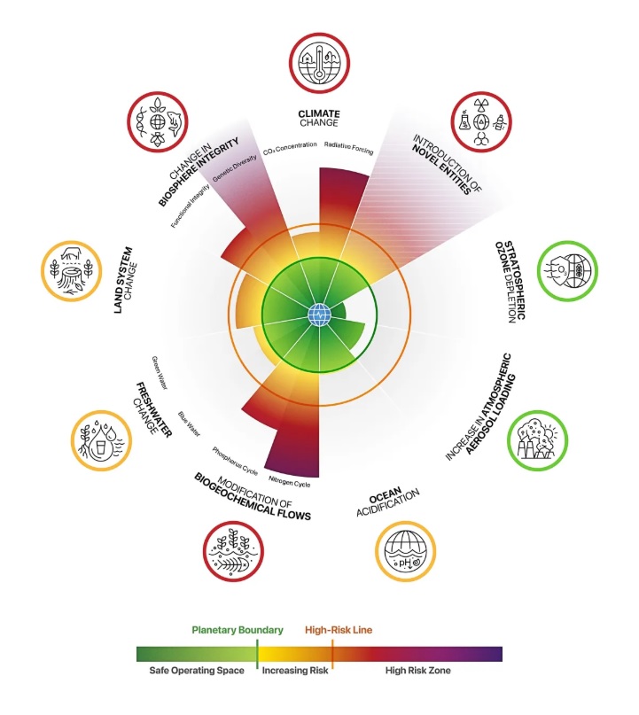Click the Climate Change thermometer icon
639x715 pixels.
point(319,63)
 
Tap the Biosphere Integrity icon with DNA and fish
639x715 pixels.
point(158,122)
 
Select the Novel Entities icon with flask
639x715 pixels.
point(481,121)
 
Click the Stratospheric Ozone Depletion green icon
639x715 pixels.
point(567,271)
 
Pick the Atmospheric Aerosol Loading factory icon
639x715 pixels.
point(538,440)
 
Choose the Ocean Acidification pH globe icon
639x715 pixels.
point(406,551)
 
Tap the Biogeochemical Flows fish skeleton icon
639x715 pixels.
point(233,551)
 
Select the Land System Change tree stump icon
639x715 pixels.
point(72,271)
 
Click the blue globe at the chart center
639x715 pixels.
point(319,315)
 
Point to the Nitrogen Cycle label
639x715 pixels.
point(290,481)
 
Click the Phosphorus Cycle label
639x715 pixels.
point(235,461)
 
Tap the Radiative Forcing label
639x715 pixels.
point(349,148)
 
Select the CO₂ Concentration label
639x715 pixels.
point(290,148)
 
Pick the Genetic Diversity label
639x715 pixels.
point(235,168)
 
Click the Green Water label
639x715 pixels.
point(160,373)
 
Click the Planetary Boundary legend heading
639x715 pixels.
point(238,630)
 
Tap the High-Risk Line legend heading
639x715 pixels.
point(339,630)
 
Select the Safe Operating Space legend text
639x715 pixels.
point(197,671)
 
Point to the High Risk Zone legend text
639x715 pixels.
point(417,671)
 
